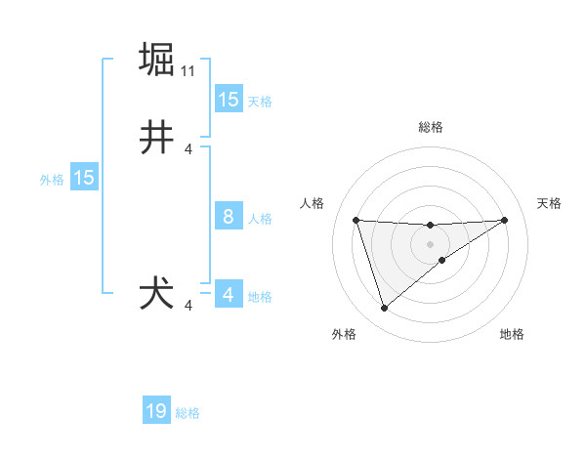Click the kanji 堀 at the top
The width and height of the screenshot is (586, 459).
click(157, 60)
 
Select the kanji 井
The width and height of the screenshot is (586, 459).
click(157, 138)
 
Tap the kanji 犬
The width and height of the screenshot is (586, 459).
click(157, 294)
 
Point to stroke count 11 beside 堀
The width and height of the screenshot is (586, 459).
click(188, 71)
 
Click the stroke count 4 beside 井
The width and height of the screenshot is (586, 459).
click(188, 149)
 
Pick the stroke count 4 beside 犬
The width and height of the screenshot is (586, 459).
click(188, 306)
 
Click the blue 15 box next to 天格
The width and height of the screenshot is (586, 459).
click(229, 100)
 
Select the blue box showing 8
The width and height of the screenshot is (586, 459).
click(229, 217)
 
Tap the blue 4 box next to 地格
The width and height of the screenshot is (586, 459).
click(229, 295)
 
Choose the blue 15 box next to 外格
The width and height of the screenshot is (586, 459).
click(84, 178)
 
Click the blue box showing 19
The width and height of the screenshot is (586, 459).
click(156, 411)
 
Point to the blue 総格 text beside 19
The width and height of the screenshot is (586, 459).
click(188, 413)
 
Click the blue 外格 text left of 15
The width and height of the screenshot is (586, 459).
click(52, 180)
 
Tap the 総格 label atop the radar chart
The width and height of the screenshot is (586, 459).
click(430, 127)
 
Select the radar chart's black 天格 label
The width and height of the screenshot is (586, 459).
click(549, 203)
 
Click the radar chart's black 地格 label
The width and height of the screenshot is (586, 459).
click(512, 334)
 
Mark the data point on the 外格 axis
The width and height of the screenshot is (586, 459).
click(384, 309)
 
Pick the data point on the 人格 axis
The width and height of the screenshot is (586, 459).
click(356, 220)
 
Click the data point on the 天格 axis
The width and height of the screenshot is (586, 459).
click(504, 220)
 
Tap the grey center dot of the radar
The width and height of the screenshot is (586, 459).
click(430, 243)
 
